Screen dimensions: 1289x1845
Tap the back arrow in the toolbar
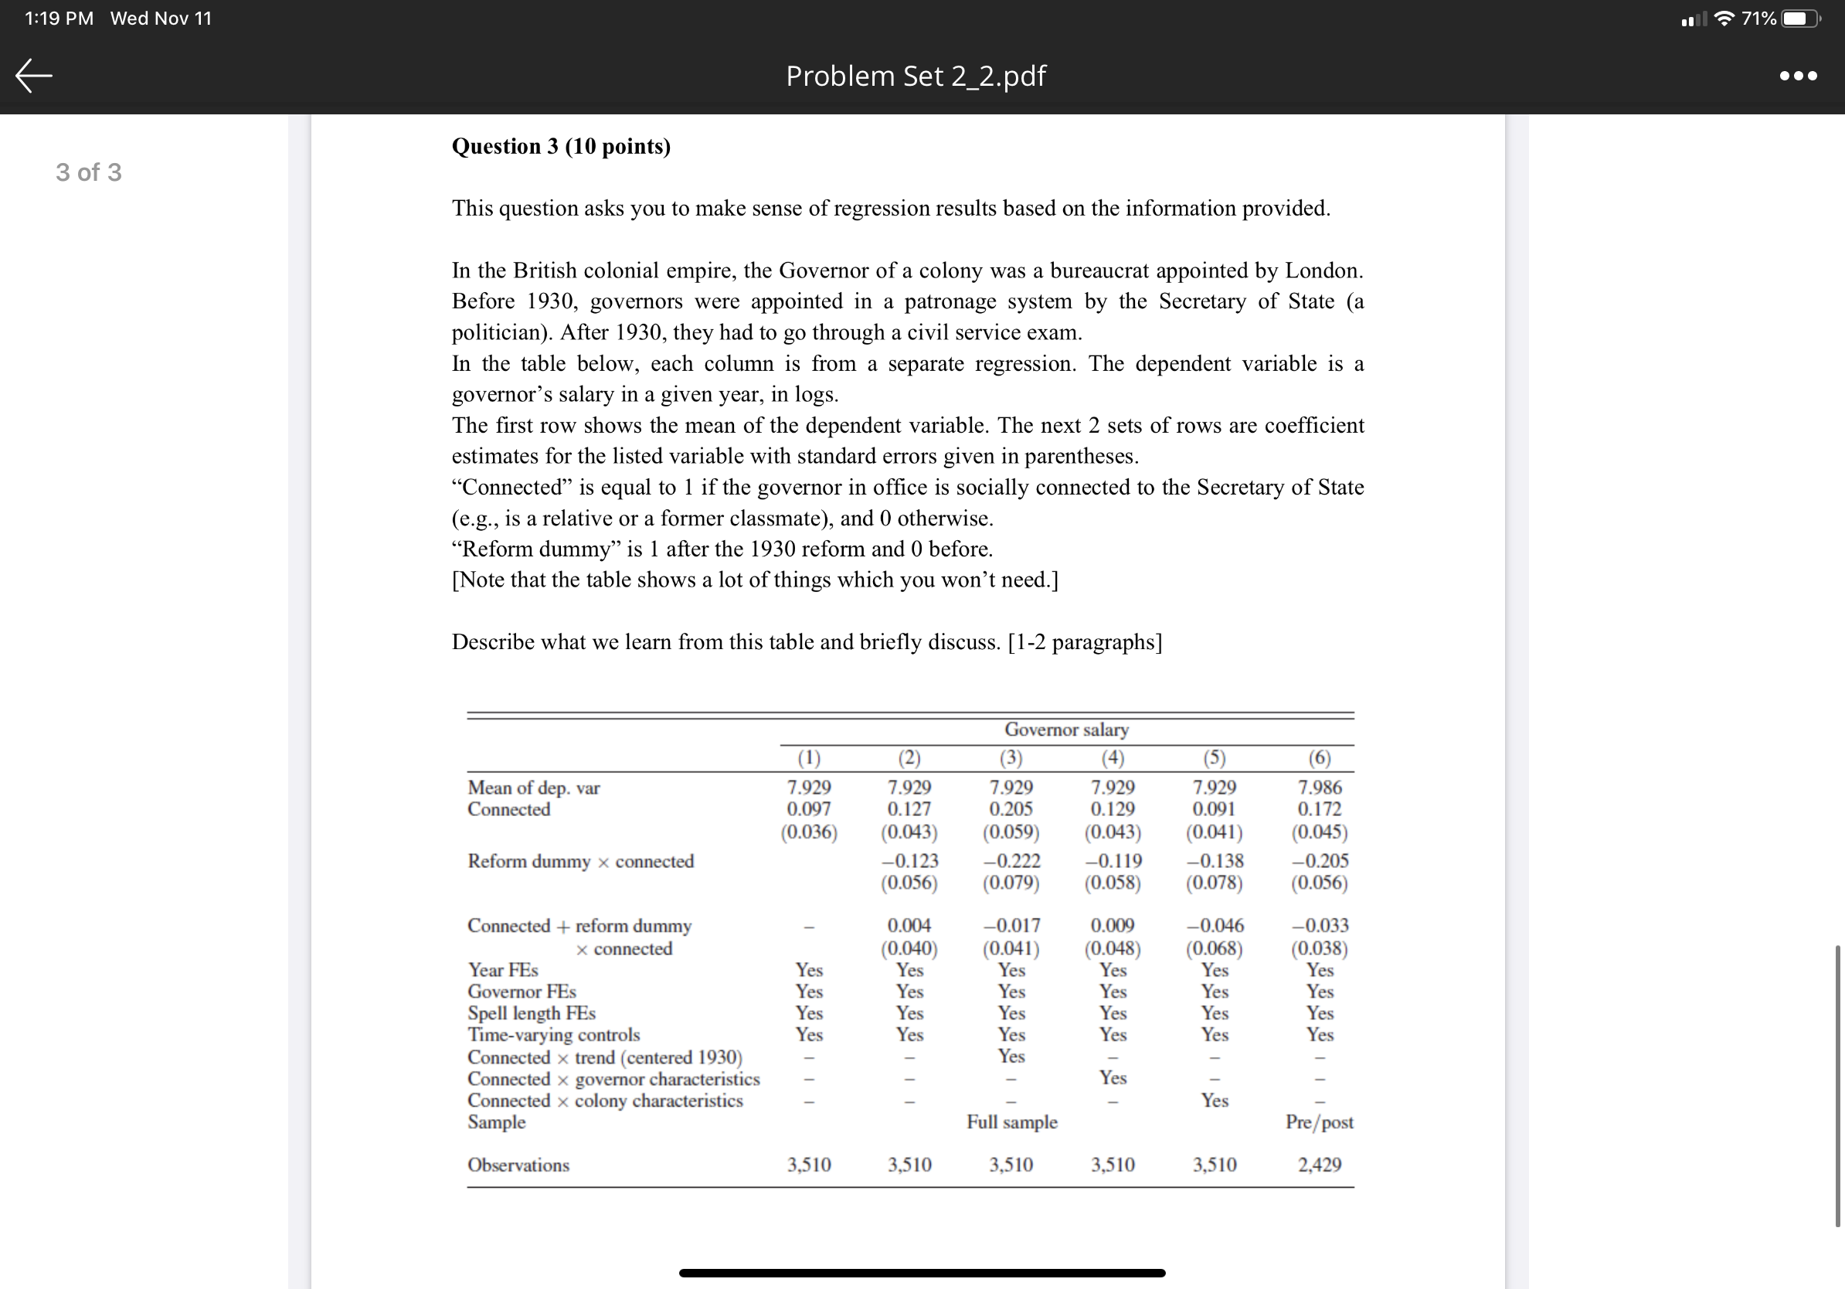click(34, 76)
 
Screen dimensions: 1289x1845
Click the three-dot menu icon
click(1798, 76)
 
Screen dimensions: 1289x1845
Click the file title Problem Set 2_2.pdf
click(916, 76)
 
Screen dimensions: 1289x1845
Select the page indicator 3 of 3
click(88, 172)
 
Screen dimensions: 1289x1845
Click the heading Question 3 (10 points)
click(561, 146)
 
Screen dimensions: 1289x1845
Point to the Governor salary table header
click(1065, 730)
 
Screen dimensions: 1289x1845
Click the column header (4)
click(1112, 758)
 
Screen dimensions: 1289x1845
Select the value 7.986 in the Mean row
click(1320, 787)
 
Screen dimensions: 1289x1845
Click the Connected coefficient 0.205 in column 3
click(1011, 809)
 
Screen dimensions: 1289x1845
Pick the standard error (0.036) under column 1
click(808, 832)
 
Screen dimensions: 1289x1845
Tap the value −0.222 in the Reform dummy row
click(1011, 861)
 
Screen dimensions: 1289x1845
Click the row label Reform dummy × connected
click(580, 862)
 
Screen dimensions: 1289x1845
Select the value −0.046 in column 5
click(1215, 926)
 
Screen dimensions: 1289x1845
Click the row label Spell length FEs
click(531, 1013)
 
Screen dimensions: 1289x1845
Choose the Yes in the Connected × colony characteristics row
click(1215, 1100)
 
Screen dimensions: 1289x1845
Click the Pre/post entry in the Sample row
click(1319, 1122)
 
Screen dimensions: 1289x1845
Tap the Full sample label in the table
click(1011, 1122)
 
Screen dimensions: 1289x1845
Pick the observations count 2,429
click(1319, 1165)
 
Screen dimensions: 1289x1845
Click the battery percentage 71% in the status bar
click(1758, 19)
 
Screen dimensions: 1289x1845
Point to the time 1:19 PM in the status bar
click(59, 19)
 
